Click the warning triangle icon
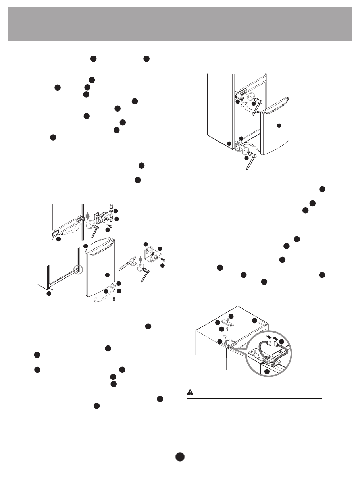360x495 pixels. (190, 393)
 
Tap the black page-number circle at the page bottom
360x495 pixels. (180, 456)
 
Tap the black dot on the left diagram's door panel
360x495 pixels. (106, 275)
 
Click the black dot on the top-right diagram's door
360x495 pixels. (279, 125)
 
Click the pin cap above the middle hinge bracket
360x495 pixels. (111, 206)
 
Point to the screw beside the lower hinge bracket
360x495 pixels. (162, 258)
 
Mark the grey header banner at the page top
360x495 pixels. (180, 24)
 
